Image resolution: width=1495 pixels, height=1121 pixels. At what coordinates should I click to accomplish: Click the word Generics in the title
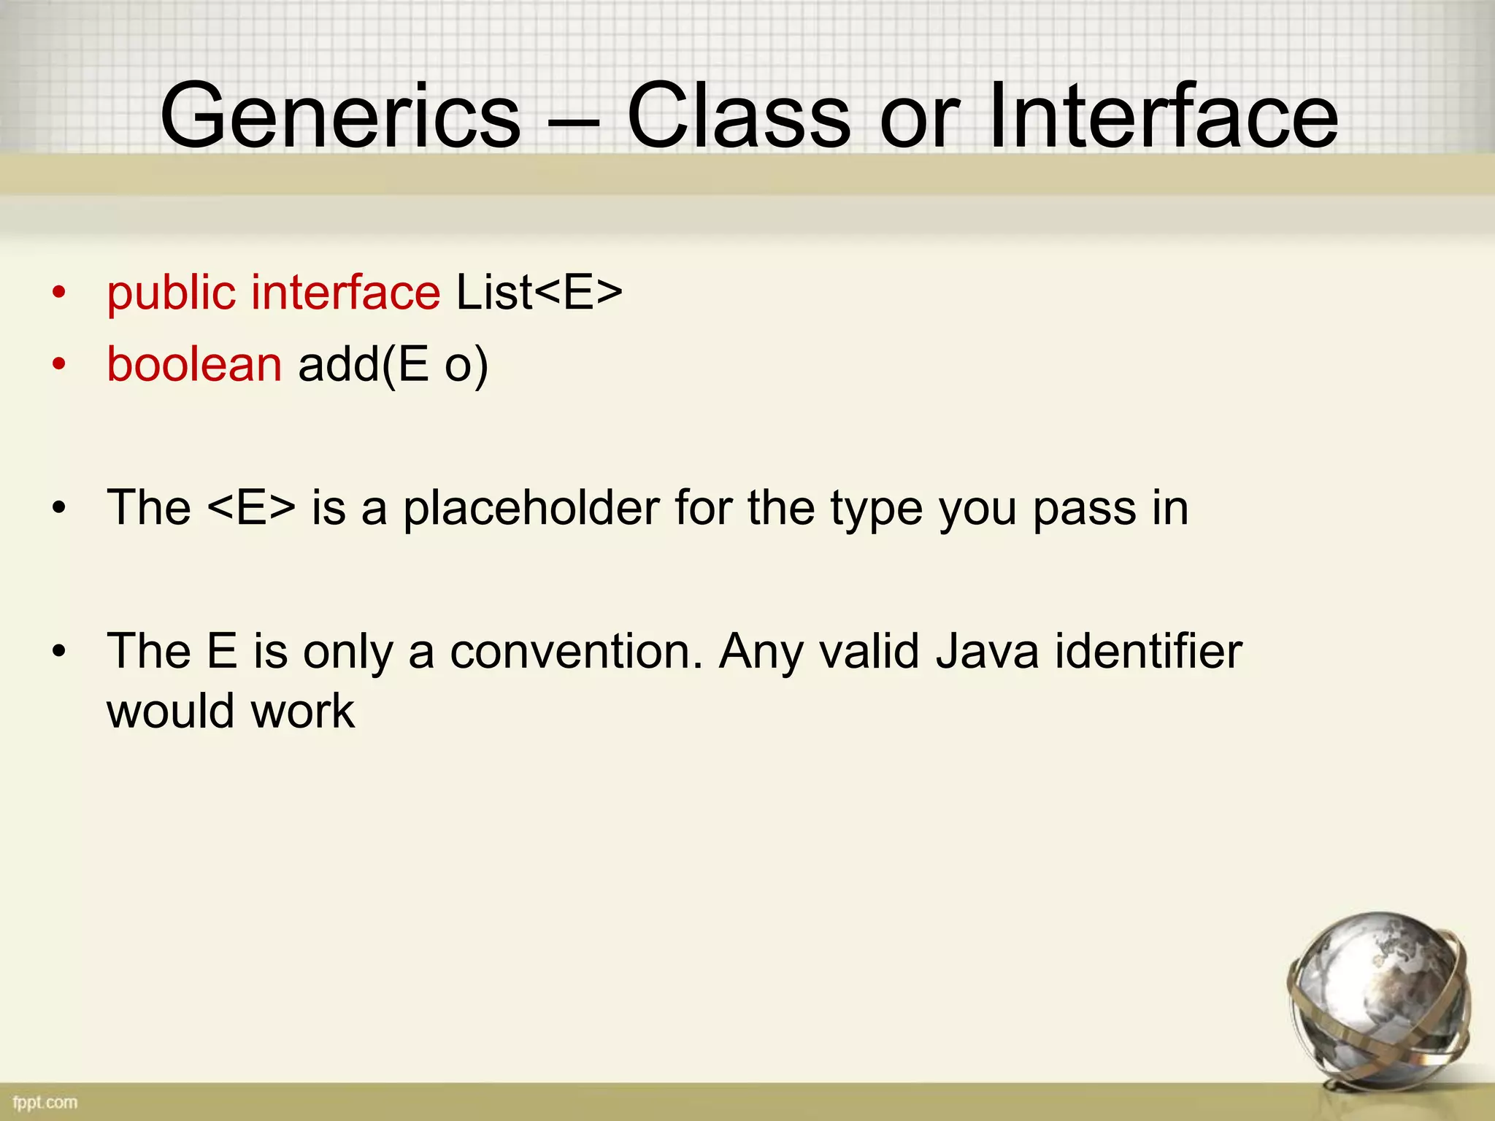coord(340,117)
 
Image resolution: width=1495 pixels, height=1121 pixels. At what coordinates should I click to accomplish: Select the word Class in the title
coord(738,117)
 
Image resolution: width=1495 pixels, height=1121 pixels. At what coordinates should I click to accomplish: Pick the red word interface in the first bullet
coord(345,292)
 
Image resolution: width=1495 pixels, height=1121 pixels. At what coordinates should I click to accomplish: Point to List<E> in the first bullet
coord(539,292)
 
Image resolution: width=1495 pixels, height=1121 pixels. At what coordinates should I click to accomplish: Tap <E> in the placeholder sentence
coord(252,507)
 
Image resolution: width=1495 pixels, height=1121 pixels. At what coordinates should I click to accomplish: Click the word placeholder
coord(531,507)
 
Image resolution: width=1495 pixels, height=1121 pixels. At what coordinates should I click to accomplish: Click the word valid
coord(869,651)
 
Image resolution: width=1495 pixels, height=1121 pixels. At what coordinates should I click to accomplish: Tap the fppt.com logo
coord(45,1101)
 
